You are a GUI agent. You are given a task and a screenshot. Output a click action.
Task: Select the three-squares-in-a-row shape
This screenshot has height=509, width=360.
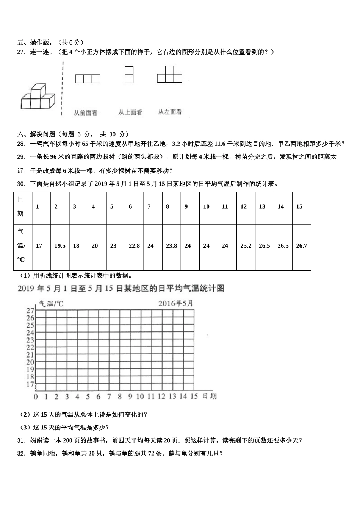point(88,79)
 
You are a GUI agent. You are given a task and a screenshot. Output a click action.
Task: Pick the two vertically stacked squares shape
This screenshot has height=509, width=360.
point(129,75)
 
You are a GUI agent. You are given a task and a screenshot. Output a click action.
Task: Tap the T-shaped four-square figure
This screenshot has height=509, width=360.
point(169,75)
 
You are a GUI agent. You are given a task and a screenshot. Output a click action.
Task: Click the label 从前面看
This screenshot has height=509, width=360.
point(85,112)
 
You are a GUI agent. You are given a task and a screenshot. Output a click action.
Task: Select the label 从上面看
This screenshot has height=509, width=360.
point(130,112)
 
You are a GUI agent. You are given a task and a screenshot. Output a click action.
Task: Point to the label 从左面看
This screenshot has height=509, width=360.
point(170,112)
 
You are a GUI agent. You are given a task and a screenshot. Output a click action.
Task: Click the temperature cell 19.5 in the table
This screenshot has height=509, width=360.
point(60,246)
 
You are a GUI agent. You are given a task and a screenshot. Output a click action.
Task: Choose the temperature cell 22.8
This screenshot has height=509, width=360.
point(134,246)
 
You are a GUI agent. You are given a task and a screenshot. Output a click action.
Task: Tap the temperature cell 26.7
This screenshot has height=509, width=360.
point(301,246)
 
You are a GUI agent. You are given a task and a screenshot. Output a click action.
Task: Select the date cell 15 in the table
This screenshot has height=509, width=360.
point(299,206)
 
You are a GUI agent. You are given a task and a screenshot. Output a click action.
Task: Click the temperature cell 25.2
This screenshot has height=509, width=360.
point(246,246)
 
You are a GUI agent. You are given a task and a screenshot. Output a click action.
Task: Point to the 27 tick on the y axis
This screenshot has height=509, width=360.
point(30,311)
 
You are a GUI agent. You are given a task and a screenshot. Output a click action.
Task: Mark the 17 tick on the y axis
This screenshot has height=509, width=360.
point(30,384)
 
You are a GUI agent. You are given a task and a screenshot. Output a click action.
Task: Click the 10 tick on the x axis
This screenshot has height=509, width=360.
point(140,397)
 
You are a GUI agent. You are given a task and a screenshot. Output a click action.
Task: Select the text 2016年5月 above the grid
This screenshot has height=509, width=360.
point(175,303)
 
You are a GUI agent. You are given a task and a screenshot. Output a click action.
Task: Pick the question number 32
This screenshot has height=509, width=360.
point(21,453)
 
